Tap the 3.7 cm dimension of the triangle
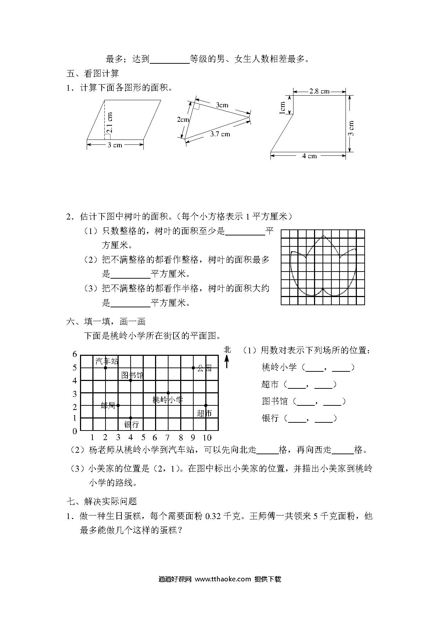(220, 134)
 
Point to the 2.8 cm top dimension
(319, 91)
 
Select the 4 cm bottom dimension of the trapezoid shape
(309, 156)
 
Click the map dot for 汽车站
(106, 368)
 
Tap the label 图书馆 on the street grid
(132, 375)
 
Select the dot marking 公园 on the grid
(193, 368)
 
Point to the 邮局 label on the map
(108, 406)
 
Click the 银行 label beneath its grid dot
(132, 424)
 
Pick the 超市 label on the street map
(204, 413)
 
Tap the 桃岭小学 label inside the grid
(167, 400)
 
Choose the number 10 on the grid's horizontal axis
(207, 437)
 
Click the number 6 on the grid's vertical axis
(75, 354)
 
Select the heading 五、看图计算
(92, 74)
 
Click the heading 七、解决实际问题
(101, 501)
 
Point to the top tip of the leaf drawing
(323, 236)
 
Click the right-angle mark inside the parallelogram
(108, 137)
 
